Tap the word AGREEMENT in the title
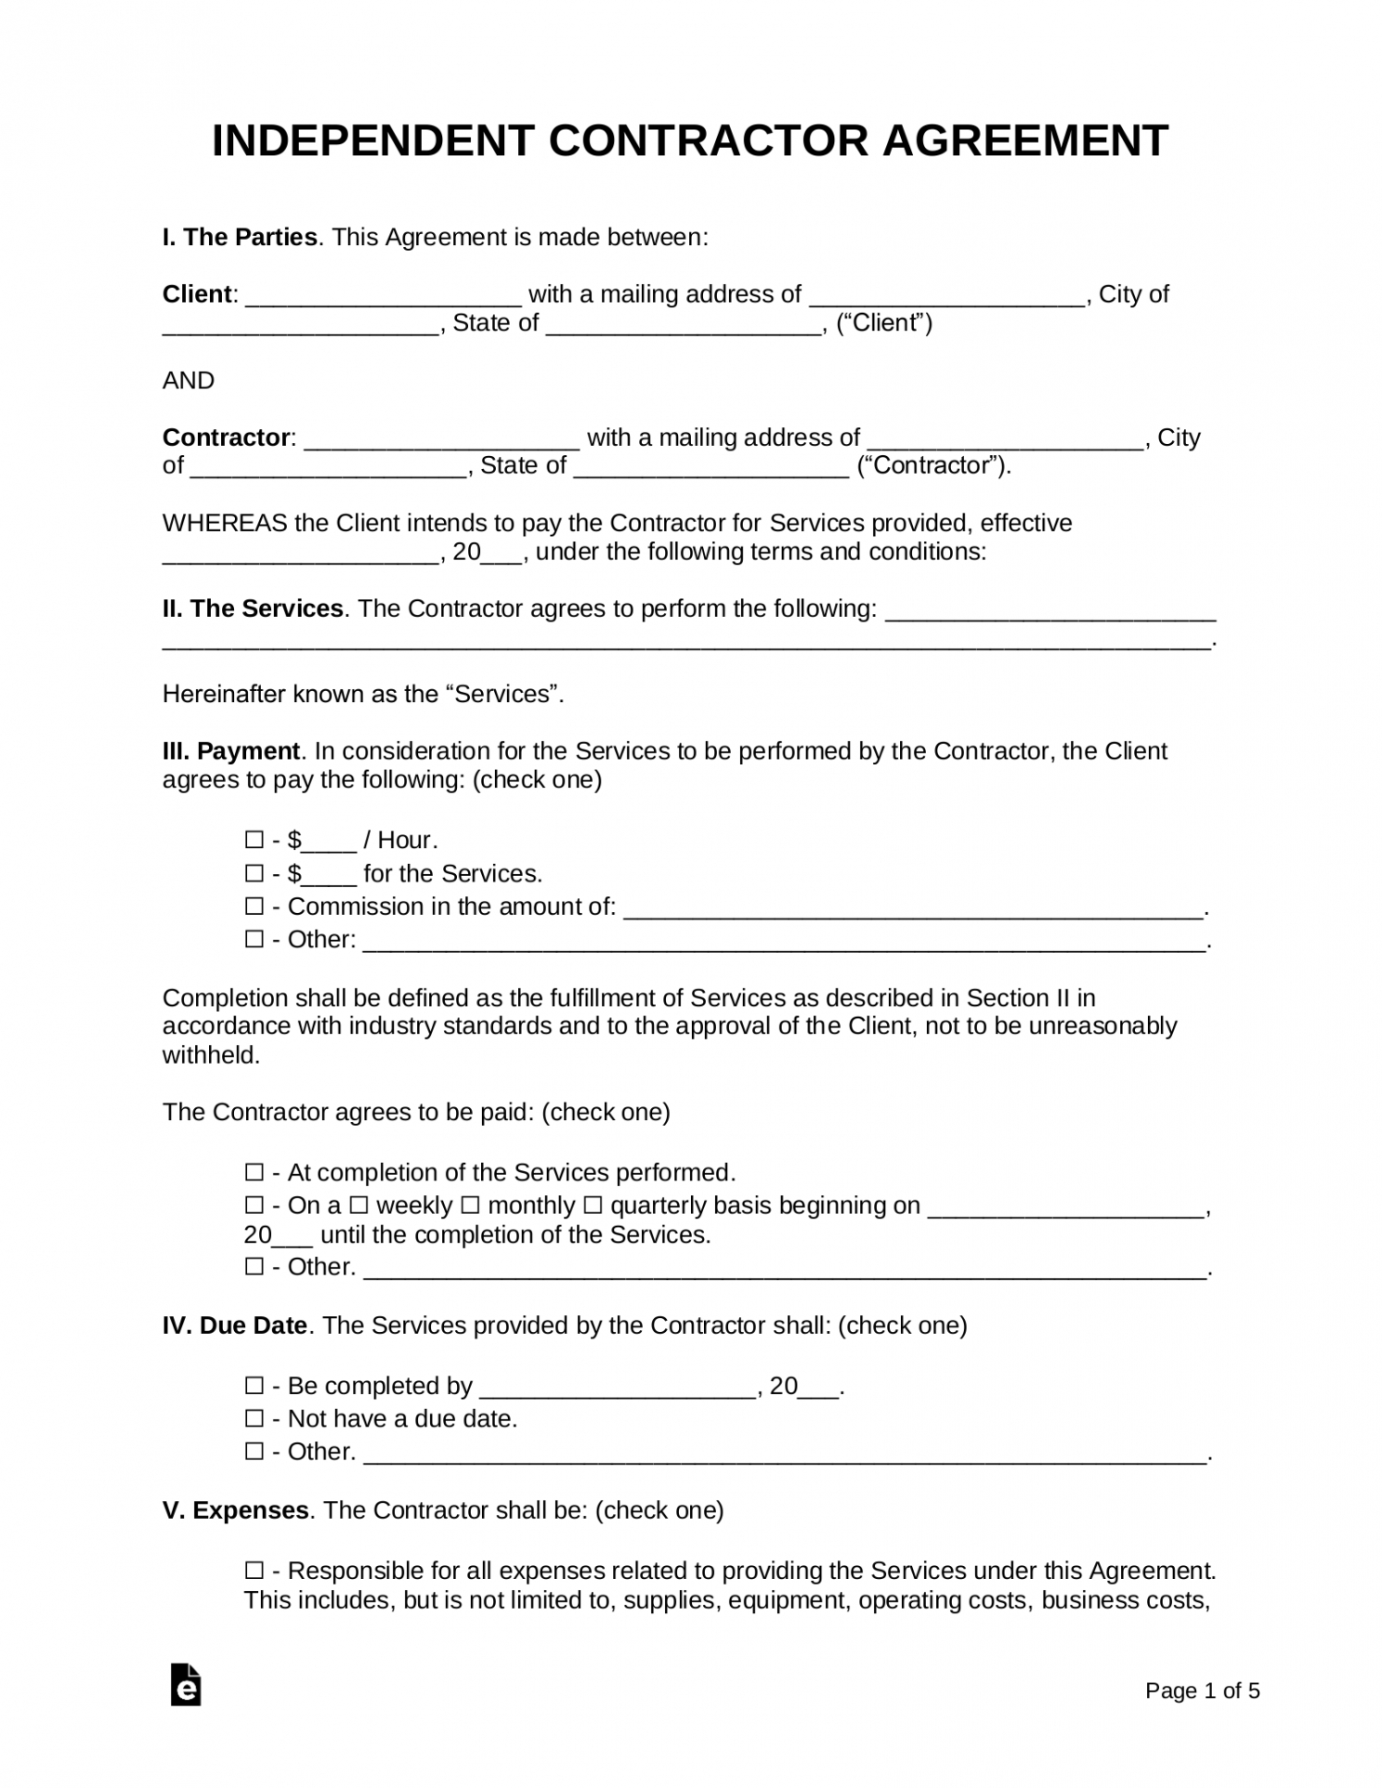pos(1024,141)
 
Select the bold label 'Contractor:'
pos(228,437)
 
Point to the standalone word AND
pos(189,381)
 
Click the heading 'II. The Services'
pos(253,609)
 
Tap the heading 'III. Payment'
pos(231,751)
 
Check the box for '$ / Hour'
pos(254,841)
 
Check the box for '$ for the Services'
pos(254,874)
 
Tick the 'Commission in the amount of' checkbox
pos(254,907)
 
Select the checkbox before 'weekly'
pos(359,1206)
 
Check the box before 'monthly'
pos(471,1206)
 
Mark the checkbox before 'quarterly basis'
pos(593,1206)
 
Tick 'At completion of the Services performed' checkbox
pos(254,1173)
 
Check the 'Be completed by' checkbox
pos(254,1387)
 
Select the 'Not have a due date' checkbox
pos(254,1419)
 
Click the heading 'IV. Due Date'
pos(235,1325)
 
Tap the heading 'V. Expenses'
pos(236,1510)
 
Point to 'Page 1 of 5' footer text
pos(1202,1691)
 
